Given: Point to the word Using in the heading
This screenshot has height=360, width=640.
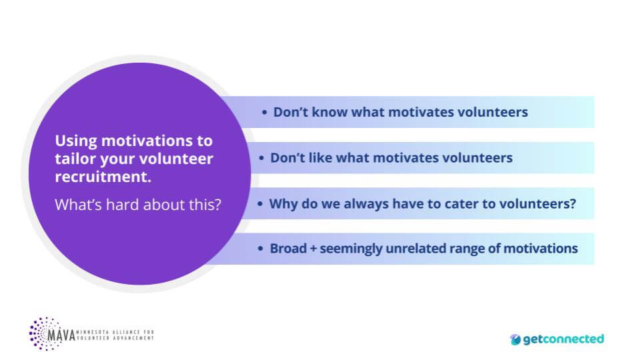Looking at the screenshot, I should click(x=76, y=141).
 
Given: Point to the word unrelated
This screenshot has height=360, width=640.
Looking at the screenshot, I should click(x=420, y=249).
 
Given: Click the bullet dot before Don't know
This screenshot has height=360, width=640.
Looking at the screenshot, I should click(x=265, y=112).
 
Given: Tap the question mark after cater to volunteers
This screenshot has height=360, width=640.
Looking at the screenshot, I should click(x=573, y=203).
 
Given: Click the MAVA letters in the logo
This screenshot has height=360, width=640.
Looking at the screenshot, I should click(x=63, y=333).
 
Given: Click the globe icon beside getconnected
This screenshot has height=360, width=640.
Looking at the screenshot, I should click(x=515, y=339).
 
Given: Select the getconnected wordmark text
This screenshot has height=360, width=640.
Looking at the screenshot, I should click(x=563, y=339).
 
